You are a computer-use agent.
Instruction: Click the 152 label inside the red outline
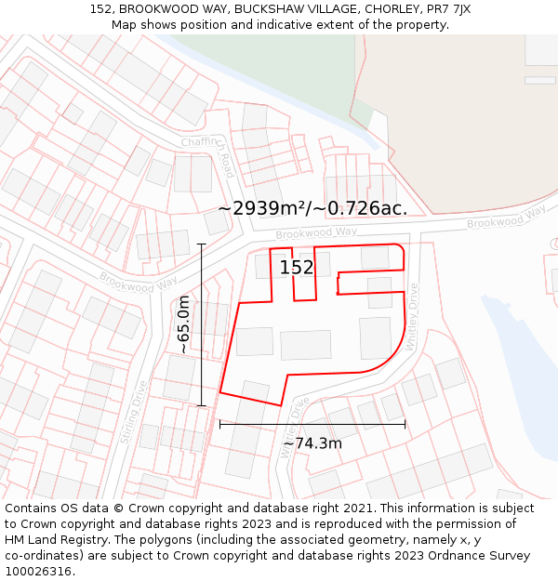(x=297, y=268)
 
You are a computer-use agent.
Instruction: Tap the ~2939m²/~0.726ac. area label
(x=312, y=208)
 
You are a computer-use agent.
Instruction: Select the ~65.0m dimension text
(x=184, y=324)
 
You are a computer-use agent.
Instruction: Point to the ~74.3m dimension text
(x=312, y=443)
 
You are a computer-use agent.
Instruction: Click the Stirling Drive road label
(x=133, y=411)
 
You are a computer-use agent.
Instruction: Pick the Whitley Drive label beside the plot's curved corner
(x=412, y=316)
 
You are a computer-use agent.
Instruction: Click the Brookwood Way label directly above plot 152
(x=315, y=231)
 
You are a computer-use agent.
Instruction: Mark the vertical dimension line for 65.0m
(x=202, y=324)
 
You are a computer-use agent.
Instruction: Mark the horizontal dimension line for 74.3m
(x=312, y=425)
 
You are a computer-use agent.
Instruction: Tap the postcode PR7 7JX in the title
(x=450, y=9)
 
